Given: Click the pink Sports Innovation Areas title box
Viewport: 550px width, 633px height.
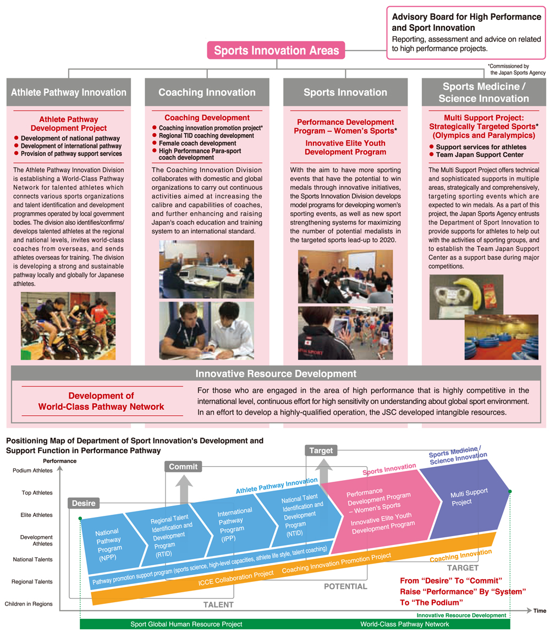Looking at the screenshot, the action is pyautogui.click(x=276, y=50).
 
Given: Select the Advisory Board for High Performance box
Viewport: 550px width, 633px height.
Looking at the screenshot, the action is pyautogui.click(x=466, y=32).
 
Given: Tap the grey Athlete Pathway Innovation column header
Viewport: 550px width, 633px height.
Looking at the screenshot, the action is pyautogui.click(x=69, y=92).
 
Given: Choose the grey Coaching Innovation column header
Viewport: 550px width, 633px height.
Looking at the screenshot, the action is pyautogui.click(x=207, y=92).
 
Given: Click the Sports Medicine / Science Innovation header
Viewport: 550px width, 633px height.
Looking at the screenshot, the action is pyautogui.click(x=484, y=92).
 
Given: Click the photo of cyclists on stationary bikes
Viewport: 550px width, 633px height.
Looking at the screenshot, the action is pyautogui.click(x=68, y=326).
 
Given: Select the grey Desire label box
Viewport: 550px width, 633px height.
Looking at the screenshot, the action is pyautogui.click(x=84, y=503).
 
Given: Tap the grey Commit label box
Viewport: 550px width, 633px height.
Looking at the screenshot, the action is pyautogui.click(x=183, y=466).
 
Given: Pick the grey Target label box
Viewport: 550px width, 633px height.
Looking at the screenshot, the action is pyautogui.click(x=321, y=450).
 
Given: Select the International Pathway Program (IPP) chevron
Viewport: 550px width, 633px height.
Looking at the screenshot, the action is pyautogui.click(x=238, y=524).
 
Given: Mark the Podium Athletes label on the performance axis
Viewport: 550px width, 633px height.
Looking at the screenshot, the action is pyautogui.click(x=32, y=470).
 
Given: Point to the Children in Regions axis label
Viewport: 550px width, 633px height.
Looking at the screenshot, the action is pyautogui.click(x=29, y=604).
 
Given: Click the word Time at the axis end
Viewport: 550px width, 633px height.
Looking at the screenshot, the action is pyautogui.click(x=540, y=610).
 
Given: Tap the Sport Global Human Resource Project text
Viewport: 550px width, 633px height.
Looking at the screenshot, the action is pyautogui.click(x=186, y=624).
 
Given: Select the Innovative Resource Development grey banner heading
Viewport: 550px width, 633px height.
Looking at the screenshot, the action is pyautogui.click(x=276, y=373).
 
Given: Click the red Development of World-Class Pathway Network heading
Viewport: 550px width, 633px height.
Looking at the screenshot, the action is pyautogui.click(x=101, y=401).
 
